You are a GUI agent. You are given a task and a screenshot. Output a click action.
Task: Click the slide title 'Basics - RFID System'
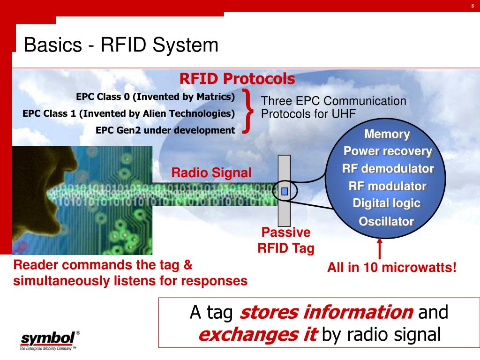click(121, 45)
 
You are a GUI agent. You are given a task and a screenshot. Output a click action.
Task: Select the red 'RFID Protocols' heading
click(237, 79)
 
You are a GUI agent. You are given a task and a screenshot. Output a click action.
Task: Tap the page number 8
click(472, 6)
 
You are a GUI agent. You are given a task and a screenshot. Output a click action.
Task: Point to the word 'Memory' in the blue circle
click(387, 135)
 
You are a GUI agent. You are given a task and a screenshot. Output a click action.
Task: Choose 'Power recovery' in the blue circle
click(388, 151)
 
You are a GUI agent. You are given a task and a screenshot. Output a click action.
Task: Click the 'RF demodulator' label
click(388, 169)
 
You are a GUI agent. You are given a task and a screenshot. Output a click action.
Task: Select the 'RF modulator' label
click(387, 186)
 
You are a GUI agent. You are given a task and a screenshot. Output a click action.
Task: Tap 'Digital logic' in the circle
click(387, 203)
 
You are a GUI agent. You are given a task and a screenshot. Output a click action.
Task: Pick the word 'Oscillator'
click(387, 221)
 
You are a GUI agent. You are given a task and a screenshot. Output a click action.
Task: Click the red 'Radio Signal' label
click(211, 173)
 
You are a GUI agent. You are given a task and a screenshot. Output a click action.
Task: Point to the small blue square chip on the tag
click(284, 191)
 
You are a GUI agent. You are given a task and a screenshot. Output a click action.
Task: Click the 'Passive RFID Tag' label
click(286, 240)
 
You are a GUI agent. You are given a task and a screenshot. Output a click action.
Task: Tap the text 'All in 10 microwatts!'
click(392, 269)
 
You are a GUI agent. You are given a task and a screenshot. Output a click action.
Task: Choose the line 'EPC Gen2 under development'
click(165, 130)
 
